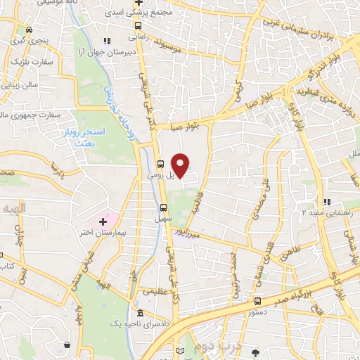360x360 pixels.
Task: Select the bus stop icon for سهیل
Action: pos(163,207)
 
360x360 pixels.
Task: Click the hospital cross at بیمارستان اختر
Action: pos(103,221)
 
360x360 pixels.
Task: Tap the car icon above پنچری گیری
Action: pos(29,30)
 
